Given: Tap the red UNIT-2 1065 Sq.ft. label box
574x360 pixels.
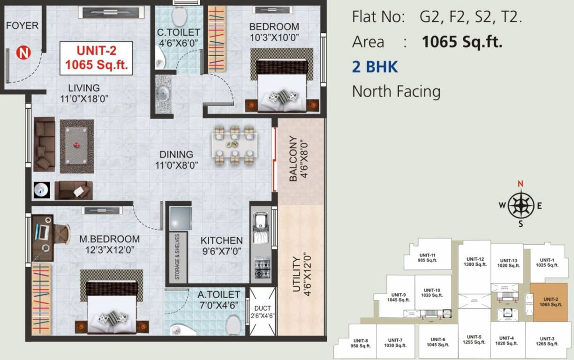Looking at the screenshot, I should [96, 58].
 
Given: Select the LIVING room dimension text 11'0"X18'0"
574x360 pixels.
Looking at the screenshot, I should [83, 98].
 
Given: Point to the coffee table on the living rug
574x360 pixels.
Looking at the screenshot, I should [76, 146].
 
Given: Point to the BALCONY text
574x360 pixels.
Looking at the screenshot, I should [293, 158].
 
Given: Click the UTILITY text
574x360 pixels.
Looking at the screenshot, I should [296, 274].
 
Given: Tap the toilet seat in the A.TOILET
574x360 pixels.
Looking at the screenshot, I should [233, 324].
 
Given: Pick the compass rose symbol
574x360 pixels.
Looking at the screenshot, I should [521, 204].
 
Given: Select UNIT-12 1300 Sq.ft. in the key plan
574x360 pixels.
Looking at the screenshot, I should [475, 262].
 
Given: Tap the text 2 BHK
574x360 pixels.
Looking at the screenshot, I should [375, 67].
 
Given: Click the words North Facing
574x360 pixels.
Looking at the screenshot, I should [396, 91].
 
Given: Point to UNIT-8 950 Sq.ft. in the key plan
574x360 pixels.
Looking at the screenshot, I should [361, 343].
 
